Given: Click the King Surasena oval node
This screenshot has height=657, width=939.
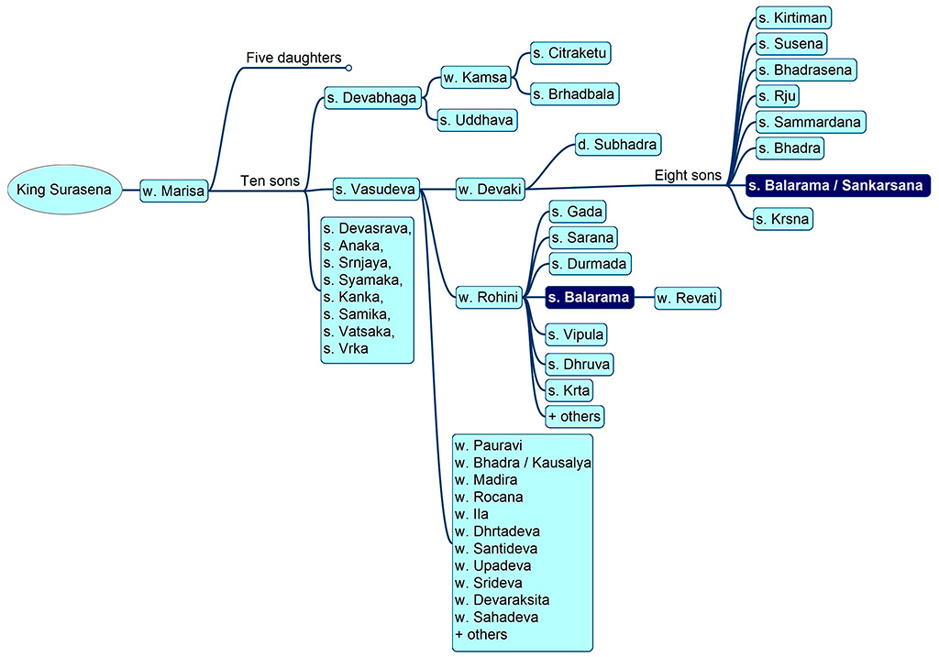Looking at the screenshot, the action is [65, 190].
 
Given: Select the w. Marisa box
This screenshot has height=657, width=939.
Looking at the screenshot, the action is [173, 191].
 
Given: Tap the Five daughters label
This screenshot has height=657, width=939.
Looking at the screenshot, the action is [293, 58].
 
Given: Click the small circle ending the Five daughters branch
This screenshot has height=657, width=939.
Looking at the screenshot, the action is [348, 68].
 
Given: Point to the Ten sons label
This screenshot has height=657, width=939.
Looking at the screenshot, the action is [270, 181].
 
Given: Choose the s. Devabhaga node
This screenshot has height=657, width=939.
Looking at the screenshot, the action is [372, 97].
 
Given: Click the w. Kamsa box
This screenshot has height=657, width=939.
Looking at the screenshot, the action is [476, 77].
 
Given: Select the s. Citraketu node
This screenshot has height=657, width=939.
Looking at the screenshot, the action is [570, 53].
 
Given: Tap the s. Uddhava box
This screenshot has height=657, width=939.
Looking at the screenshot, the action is [477, 120].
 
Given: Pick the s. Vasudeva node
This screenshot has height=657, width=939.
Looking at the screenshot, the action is [376, 190].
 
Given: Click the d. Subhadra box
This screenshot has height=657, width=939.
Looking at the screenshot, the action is [618, 144].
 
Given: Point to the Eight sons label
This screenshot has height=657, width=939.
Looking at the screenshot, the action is [688, 175].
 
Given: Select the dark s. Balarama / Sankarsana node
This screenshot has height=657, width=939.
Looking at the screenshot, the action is [838, 185].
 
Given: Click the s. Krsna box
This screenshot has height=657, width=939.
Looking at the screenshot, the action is [783, 219].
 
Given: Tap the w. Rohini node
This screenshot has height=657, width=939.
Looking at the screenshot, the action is [489, 298].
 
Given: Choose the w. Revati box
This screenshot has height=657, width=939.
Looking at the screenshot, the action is [688, 298].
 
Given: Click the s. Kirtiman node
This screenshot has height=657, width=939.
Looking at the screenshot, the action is [793, 18].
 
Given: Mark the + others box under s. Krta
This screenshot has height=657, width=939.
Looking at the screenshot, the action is [575, 416].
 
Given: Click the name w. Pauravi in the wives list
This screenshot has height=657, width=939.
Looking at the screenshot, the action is [488, 445].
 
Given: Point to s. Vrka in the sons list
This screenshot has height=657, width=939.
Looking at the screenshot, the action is [346, 349].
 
